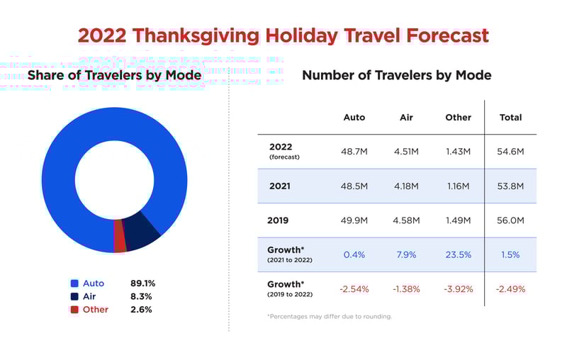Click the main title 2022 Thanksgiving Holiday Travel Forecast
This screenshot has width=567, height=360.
click(x=283, y=35)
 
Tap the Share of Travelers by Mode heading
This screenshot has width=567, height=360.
click(x=114, y=74)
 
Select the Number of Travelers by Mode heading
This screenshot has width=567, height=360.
click(x=396, y=74)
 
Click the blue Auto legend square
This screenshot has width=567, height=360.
click(x=74, y=283)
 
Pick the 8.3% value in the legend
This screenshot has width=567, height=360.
click(x=141, y=296)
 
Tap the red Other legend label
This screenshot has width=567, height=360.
click(x=96, y=310)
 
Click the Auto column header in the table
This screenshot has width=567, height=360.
click(x=354, y=117)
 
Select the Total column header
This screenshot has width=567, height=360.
click(x=510, y=117)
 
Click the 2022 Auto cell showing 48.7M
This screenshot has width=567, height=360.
click(x=354, y=151)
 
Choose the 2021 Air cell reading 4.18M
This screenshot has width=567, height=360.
click(x=406, y=186)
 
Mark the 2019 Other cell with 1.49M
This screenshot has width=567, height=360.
click(x=458, y=220)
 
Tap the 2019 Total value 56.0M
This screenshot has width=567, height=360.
click(x=510, y=220)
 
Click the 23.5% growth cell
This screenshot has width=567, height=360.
click(x=458, y=254)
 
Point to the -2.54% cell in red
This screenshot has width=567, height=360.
click(x=354, y=289)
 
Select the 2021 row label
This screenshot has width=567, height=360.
click(x=281, y=186)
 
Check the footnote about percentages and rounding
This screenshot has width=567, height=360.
click(x=330, y=316)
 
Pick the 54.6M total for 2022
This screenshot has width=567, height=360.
click(x=510, y=151)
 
